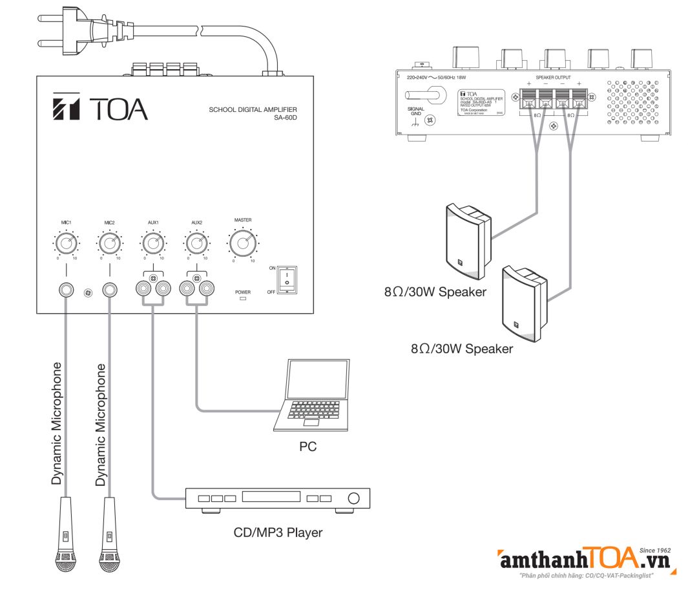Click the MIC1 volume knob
tap(65, 243)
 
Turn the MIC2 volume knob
tap(109, 243)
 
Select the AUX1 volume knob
tap(153, 243)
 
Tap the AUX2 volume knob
tap(196, 243)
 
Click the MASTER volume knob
tap(242, 243)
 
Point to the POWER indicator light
tap(243, 299)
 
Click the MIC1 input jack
tap(65, 289)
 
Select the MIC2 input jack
tap(109, 289)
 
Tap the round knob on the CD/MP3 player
tap(353, 498)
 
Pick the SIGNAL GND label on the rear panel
tap(415, 112)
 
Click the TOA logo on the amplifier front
tap(100, 109)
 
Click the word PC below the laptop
tap(308, 446)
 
